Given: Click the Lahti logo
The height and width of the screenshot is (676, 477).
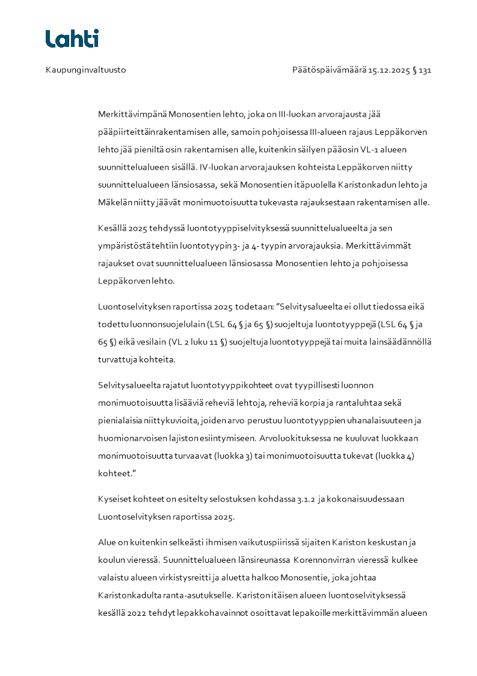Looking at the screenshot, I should (72, 39).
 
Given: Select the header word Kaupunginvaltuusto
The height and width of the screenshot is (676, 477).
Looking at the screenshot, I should (85, 70).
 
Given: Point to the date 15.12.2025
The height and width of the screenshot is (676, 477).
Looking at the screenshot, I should (389, 70).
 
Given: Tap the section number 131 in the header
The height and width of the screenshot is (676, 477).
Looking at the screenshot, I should (425, 70).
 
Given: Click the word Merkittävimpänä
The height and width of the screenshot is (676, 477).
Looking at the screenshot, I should (132, 114).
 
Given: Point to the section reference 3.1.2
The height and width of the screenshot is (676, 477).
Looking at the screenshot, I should (306, 499).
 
